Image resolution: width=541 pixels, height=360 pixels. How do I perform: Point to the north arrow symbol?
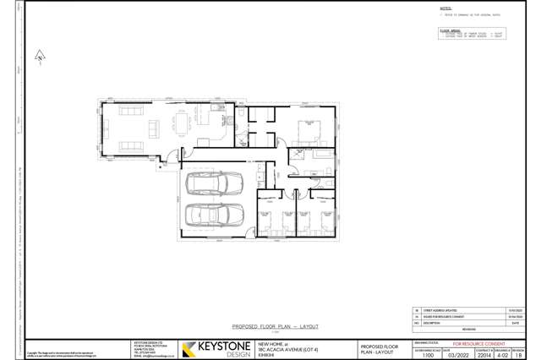click(40, 57)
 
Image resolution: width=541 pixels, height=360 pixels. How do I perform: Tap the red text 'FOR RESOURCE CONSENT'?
click(478, 344)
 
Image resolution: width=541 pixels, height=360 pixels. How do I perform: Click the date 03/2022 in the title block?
click(456, 356)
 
